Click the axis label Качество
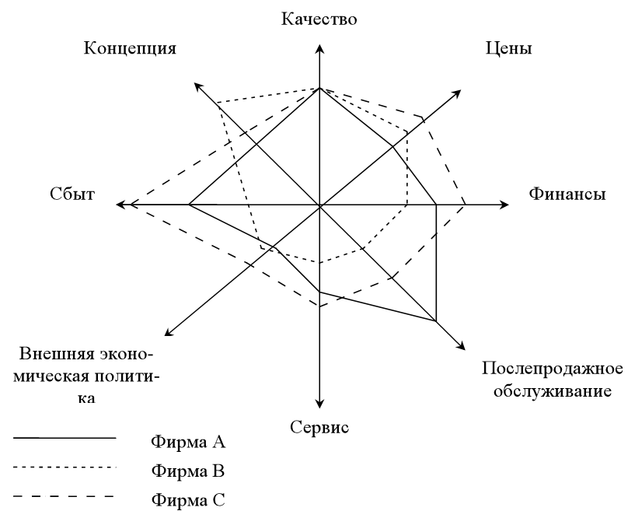[x=319, y=19]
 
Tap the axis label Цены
[x=508, y=49]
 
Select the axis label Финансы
[x=567, y=194]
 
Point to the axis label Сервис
[x=319, y=427]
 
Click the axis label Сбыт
[x=72, y=194]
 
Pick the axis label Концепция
[x=130, y=48]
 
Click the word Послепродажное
[x=553, y=368]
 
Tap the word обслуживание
[x=553, y=390]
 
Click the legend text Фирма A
[x=188, y=442]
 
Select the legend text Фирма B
[x=188, y=471]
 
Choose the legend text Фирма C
[x=188, y=500]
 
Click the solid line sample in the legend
[x=65, y=438]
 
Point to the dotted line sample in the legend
[x=65, y=467]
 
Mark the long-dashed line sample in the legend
[x=65, y=496]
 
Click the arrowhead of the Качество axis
[x=319, y=48]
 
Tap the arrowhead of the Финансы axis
[x=504, y=205]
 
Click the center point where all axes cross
[x=319, y=205]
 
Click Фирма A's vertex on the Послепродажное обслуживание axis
[x=436, y=321]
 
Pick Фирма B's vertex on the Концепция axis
[x=218, y=103]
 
